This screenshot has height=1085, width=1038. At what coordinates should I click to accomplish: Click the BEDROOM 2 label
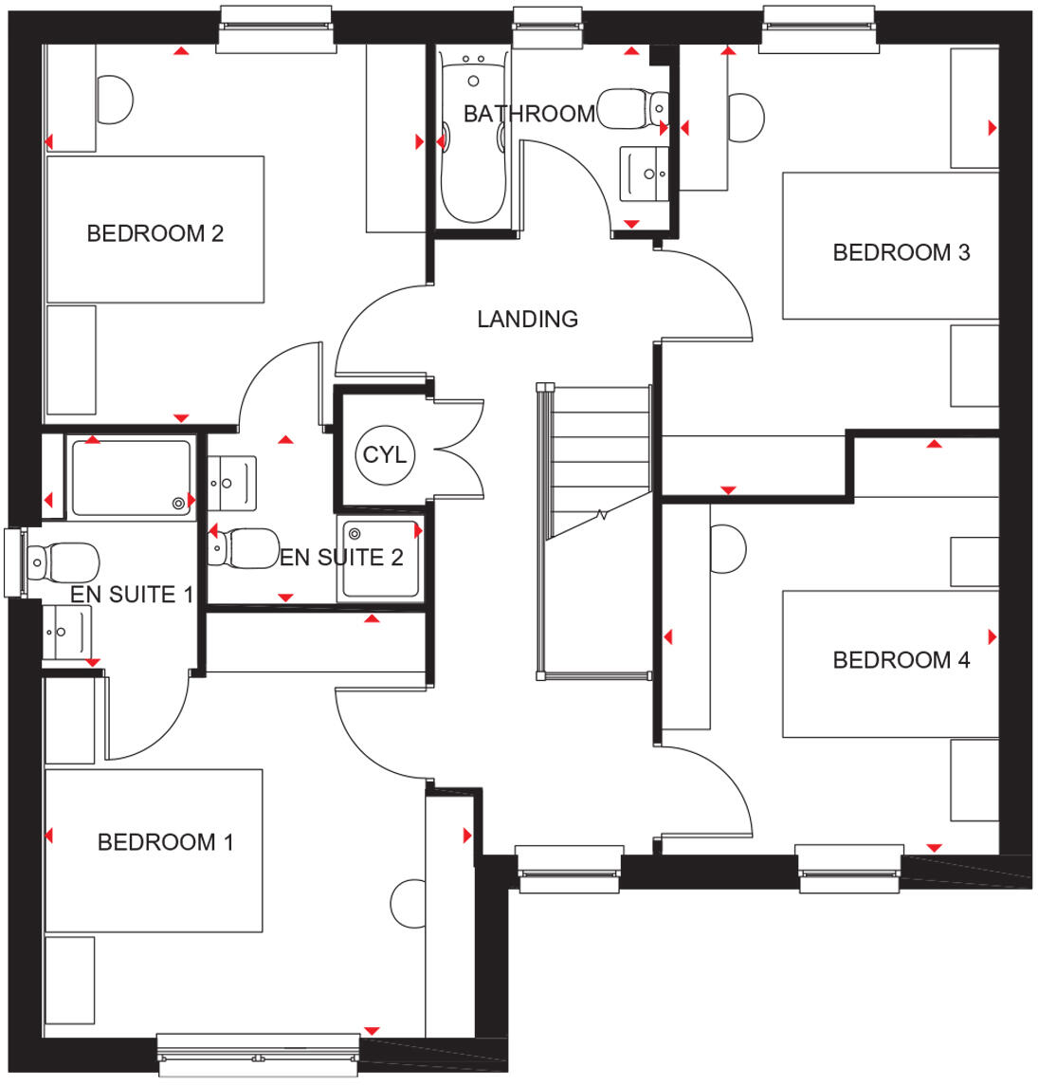point(155,233)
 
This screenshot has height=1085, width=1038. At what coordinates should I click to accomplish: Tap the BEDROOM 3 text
point(901,252)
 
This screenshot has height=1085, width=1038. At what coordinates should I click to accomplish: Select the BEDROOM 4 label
point(901,660)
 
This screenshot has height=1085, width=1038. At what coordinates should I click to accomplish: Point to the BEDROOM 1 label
point(165,842)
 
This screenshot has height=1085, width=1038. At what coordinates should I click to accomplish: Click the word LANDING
point(527,320)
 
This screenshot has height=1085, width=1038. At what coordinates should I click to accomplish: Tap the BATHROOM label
point(529,114)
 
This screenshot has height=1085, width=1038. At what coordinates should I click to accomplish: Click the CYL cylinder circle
point(384,455)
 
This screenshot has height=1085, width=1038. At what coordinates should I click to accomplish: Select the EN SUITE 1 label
point(132,595)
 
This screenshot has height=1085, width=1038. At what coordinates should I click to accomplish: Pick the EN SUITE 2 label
point(341,558)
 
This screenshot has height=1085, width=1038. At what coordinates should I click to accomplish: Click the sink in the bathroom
point(644,174)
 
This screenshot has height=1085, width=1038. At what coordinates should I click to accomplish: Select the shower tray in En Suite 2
point(380,559)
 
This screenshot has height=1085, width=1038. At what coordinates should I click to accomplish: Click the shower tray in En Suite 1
point(130,478)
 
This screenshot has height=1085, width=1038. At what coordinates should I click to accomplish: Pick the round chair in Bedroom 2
point(115,99)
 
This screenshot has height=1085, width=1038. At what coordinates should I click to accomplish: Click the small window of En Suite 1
point(14,562)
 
